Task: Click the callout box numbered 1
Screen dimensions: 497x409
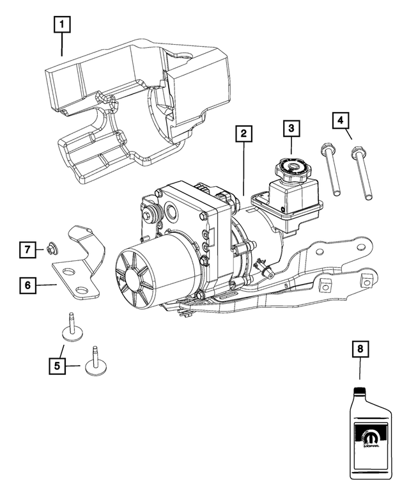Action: (62, 26)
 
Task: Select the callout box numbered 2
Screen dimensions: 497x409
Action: (244, 134)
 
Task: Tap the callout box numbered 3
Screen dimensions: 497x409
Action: (291, 128)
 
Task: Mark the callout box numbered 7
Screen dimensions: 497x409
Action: (27, 249)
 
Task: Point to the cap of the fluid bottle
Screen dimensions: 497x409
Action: (360, 391)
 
